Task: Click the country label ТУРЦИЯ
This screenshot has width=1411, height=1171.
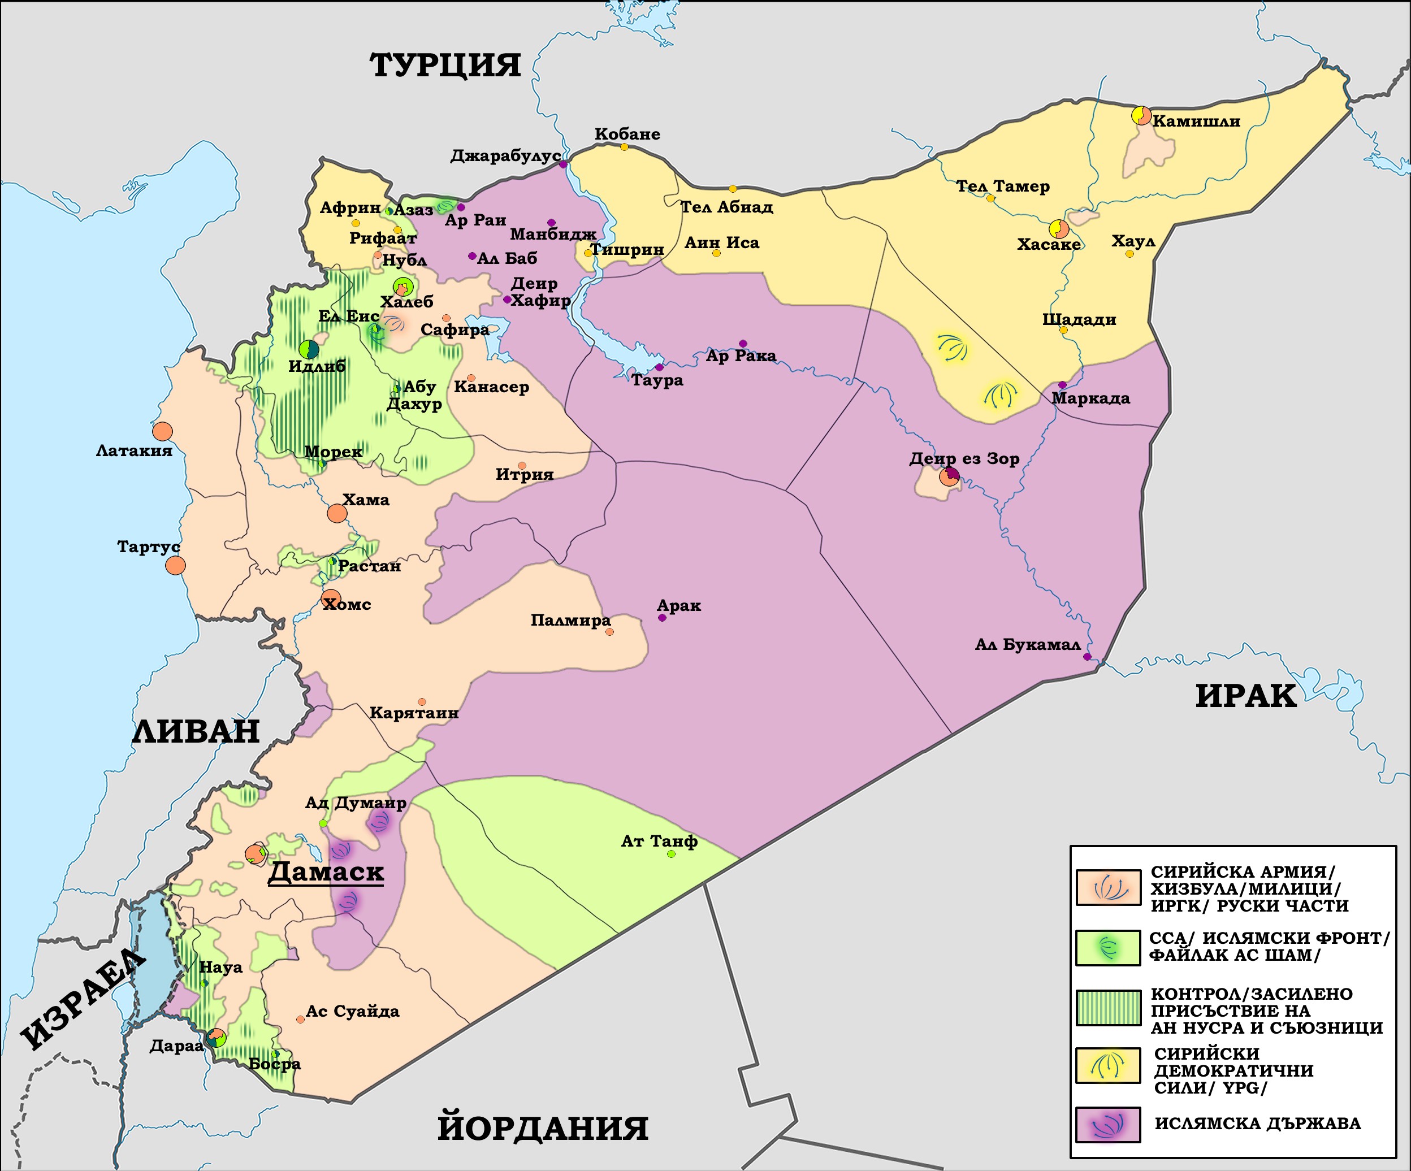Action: (x=445, y=66)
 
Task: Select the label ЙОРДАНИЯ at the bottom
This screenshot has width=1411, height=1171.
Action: (x=542, y=1128)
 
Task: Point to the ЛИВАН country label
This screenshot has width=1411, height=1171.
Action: (x=196, y=731)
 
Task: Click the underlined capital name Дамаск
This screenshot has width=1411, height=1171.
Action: (x=326, y=872)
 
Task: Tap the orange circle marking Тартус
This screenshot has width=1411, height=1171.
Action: (x=175, y=565)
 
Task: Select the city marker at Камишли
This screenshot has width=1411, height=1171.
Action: (x=1141, y=115)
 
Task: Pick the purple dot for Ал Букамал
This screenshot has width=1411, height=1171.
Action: (x=1087, y=656)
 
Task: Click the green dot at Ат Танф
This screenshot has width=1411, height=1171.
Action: (x=671, y=854)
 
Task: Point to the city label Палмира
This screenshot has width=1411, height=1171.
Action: (x=570, y=620)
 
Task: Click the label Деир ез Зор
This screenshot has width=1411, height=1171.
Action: (x=964, y=459)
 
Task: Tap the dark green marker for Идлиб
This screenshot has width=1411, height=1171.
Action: (x=309, y=349)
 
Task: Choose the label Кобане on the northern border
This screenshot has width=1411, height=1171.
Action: (x=627, y=135)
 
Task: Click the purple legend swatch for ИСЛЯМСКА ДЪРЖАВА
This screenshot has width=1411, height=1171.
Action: (x=1108, y=1125)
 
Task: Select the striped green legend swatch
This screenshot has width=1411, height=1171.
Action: (x=1108, y=1008)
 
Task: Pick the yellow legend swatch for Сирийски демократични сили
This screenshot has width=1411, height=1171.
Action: (x=1108, y=1065)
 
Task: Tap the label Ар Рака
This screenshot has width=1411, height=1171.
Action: (x=741, y=356)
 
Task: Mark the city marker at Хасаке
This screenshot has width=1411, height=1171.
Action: (x=1059, y=229)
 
